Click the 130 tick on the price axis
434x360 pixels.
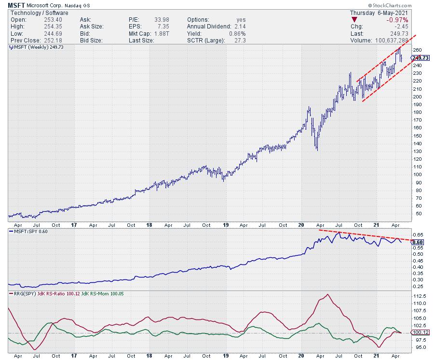click(x=417, y=151)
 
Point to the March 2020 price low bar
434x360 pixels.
click(x=317, y=149)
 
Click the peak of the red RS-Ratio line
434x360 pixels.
click(x=328, y=294)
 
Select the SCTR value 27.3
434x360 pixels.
click(x=239, y=41)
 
